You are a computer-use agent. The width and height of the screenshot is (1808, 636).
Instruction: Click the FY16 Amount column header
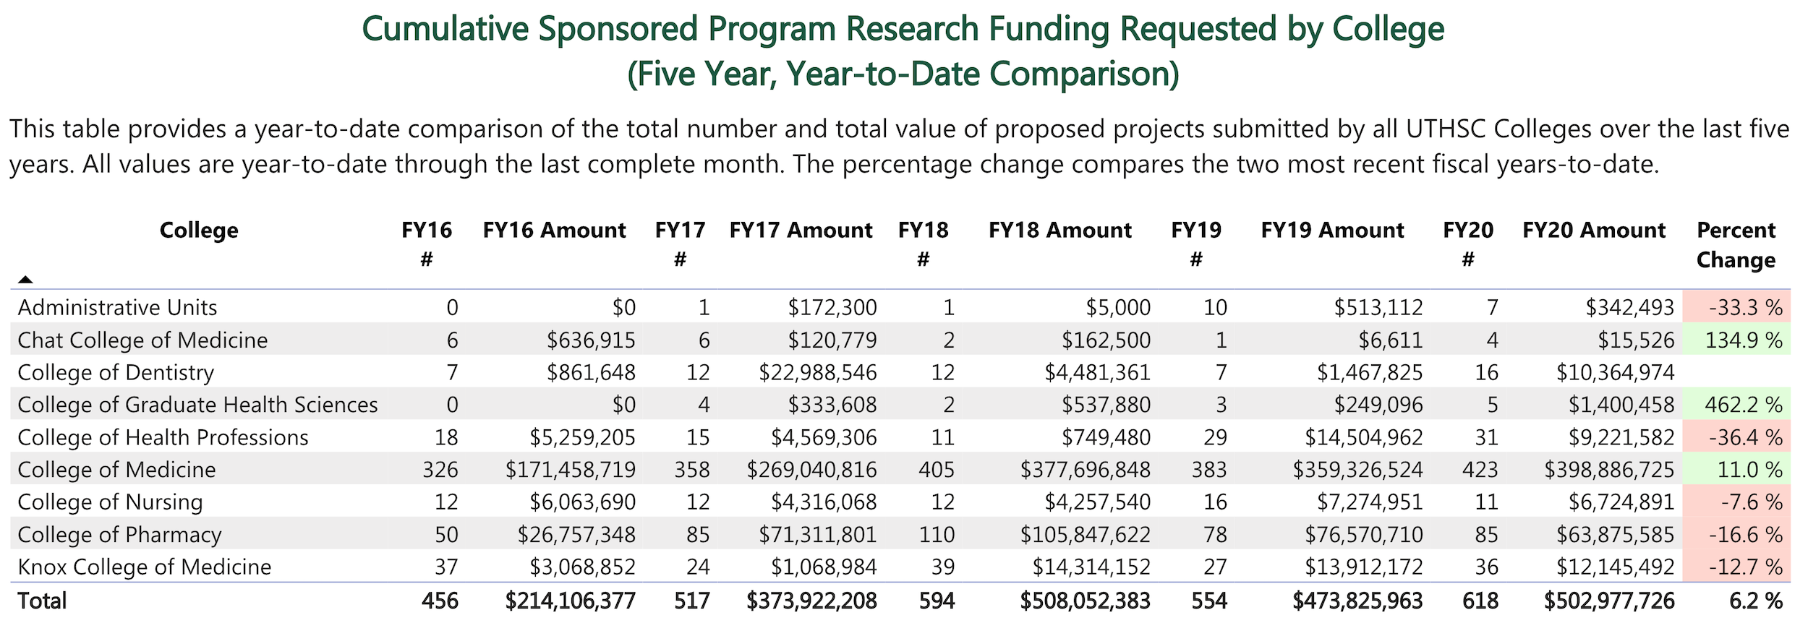(x=554, y=231)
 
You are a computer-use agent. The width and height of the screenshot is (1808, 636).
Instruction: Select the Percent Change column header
(x=1736, y=244)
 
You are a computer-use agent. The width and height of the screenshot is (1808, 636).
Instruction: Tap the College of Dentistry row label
(x=116, y=372)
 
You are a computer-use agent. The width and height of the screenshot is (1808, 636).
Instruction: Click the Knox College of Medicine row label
(x=145, y=567)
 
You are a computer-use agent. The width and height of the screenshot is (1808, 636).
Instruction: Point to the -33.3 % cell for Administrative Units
(x=1746, y=308)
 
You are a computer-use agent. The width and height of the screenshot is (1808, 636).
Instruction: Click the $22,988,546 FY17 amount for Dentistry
(x=817, y=372)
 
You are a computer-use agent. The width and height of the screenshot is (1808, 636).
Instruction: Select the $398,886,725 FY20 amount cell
(x=1609, y=470)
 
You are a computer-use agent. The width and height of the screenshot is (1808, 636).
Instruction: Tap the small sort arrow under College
(x=25, y=279)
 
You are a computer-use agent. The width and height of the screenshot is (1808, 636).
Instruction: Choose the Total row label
(x=42, y=601)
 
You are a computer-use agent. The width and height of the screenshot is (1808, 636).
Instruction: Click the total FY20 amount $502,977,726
(x=1609, y=601)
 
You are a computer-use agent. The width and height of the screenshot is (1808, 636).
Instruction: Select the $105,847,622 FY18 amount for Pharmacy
(x=1085, y=535)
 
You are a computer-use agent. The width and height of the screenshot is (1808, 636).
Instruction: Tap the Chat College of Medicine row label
(x=142, y=340)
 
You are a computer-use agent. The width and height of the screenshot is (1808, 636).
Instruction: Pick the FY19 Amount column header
(x=1332, y=231)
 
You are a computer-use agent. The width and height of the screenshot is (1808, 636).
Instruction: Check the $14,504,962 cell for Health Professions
(x=1363, y=437)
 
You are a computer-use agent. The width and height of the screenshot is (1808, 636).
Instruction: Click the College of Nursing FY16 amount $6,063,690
(x=582, y=502)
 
